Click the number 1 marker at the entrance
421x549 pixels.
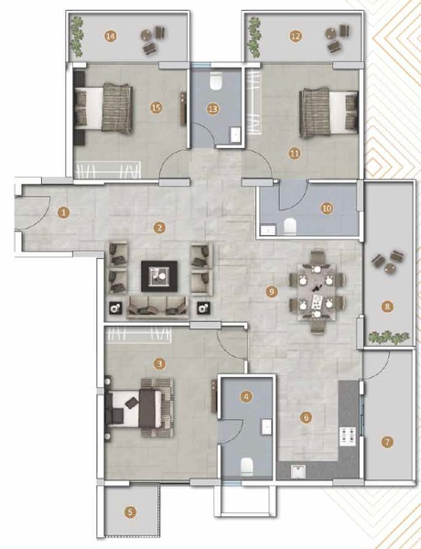(64, 212)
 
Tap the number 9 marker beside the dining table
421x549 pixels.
(272, 291)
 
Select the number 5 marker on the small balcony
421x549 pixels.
(130, 512)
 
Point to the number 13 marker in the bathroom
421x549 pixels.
(213, 109)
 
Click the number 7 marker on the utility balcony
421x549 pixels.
(387, 442)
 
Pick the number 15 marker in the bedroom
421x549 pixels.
(157, 107)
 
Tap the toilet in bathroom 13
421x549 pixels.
(215, 81)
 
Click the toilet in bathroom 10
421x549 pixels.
(289, 226)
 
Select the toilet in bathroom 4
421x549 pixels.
(247, 466)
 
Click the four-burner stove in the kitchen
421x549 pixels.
(348, 436)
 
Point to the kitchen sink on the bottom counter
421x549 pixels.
(298, 471)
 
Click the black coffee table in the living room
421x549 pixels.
(159, 276)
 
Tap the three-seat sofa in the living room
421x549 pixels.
(157, 307)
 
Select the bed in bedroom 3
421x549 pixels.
(140, 408)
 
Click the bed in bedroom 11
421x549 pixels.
(329, 113)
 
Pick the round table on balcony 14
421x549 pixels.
(146, 35)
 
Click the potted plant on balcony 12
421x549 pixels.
(253, 38)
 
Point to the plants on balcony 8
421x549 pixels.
(388, 338)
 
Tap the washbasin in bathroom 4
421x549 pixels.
(266, 427)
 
